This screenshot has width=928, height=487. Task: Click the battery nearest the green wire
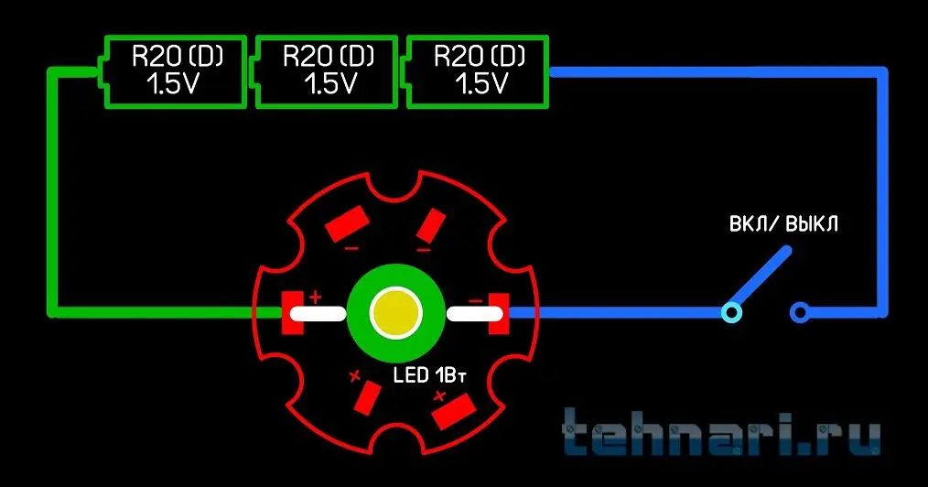(x=172, y=71)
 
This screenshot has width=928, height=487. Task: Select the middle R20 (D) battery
(x=326, y=71)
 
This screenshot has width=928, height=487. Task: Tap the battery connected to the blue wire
(x=477, y=71)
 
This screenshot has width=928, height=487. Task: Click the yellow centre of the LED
(x=395, y=312)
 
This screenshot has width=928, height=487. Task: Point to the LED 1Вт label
(x=429, y=375)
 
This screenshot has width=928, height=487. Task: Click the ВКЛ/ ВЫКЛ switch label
(x=783, y=224)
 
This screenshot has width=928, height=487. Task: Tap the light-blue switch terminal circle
(x=732, y=312)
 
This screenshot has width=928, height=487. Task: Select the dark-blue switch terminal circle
(x=800, y=312)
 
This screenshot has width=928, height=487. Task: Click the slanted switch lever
(x=760, y=278)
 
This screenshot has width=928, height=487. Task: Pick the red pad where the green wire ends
(x=293, y=312)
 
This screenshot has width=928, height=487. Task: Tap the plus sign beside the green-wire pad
(x=316, y=297)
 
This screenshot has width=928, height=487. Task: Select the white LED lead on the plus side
(x=318, y=313)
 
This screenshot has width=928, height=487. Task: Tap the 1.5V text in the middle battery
(x=330, y=84)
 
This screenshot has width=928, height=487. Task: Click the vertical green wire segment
(x=53, y=192)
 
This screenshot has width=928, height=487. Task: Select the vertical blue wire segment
(x=882, y=192)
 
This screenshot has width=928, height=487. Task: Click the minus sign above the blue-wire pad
(x=475, y=301)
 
